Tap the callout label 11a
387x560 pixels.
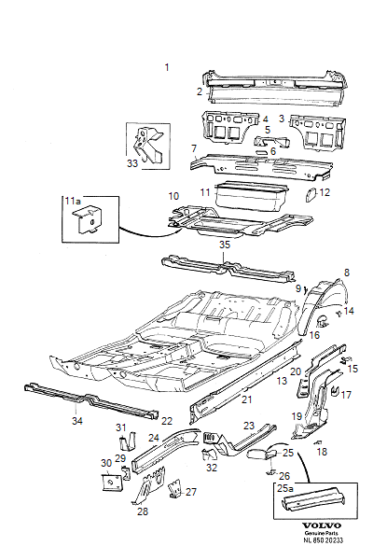point(73,202)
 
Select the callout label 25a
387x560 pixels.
point(283,488)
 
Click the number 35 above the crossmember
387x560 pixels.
point(224,245)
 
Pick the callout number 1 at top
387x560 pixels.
point(167,67)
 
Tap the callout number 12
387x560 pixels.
point(325,193)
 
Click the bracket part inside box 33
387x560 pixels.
point(147,143)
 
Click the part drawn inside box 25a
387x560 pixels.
point(302,505)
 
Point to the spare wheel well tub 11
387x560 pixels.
point(251,198)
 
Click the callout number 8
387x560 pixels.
point(346,273)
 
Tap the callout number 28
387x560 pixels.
point(143,511)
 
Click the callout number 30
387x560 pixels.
point(104,463)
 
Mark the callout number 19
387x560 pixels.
point(297,416)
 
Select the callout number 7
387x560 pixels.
point(193,148)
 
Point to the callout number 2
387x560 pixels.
point(199,91)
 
